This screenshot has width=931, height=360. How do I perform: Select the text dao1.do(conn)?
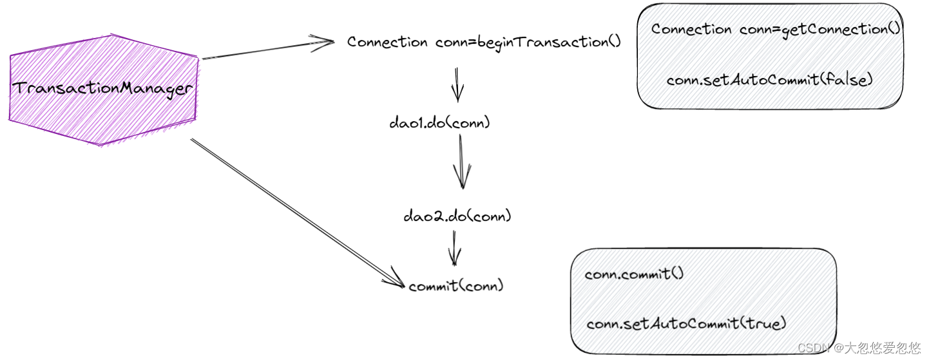pyautogui.click(x=439, y=122)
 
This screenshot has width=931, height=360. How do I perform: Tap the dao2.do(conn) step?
pyautogui.click(x=457, y=216)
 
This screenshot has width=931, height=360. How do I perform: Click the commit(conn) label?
pyautogui.click(x=456, y=286)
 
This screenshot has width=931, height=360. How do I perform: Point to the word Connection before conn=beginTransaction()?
pyautogui.click(x=387, y=43)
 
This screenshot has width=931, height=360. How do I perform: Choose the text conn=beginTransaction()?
pyautogui.click(x=528, y=43)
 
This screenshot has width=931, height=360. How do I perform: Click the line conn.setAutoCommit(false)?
pyautogui.click(x=769, y=81)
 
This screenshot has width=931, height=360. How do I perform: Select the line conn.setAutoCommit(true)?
pyautogui.click(x=686, y=324)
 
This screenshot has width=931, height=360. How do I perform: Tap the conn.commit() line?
pyautogui.click(x=634, y=274)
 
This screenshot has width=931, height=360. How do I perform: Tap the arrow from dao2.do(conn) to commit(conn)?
pyautogui.click(x=454, y=249)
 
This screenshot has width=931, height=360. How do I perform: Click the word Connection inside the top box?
pyautogui.click(x=691, y=30)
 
